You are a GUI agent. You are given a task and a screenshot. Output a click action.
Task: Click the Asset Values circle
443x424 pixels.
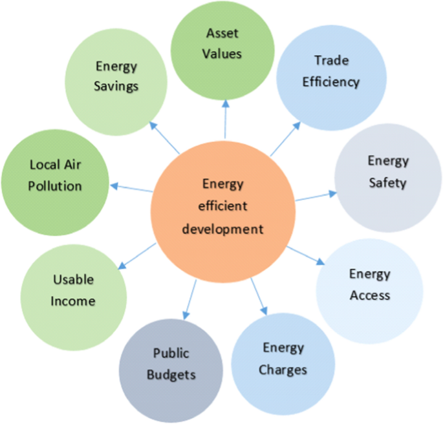(x=223, y=44)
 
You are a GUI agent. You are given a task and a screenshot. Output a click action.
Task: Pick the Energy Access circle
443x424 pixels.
(x=370, y=284)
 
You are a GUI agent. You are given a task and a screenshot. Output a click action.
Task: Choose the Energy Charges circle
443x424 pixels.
(x=283, y=360)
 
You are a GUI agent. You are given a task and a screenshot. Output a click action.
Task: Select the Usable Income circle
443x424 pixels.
(x=73, y=290)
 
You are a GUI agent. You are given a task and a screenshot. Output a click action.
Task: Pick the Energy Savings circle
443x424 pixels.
(x=116, y=76)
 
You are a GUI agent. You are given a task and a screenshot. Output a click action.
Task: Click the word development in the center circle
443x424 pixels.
(x=223, y=229)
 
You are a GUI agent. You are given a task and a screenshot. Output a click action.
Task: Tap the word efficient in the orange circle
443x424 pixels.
(x=222, y=207)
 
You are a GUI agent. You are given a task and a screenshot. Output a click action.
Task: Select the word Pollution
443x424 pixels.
(x=56, y=186)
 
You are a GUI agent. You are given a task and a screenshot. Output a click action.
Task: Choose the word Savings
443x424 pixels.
(x=116, y=85)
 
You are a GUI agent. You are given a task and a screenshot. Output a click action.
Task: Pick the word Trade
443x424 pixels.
(x=331, y=61)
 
